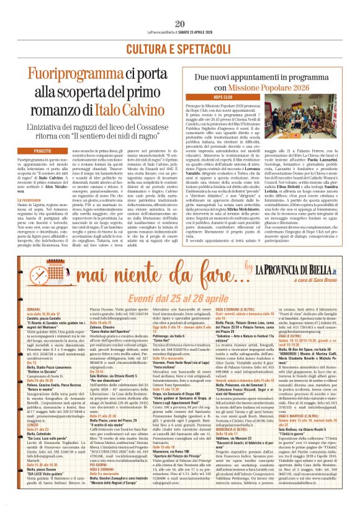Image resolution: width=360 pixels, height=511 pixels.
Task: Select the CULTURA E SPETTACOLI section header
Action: pyautogui.click(x=180, y=48)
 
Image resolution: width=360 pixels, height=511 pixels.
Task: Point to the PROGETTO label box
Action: pyautogui.click(x=43, y=151)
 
